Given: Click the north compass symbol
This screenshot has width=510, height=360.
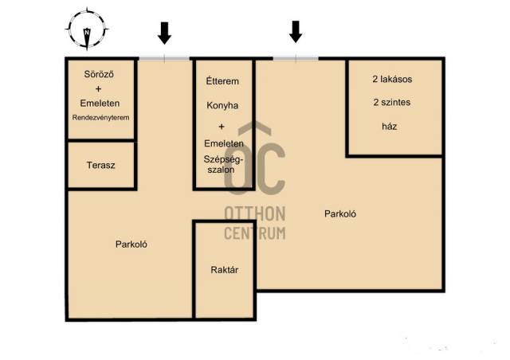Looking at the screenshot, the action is (x=87, y=29).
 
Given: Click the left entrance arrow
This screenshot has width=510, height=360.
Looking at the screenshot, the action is (x=165, y=33).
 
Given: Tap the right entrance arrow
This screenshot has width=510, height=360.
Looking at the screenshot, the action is (x=296, y=32).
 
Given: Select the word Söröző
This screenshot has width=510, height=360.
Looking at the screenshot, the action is (x=99, y=74).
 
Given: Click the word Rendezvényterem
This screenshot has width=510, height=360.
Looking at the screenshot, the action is (x=100, y=117).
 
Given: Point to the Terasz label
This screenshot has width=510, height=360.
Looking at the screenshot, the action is (x=101, y=165).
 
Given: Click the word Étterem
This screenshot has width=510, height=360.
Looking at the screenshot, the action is (x=222, y=80).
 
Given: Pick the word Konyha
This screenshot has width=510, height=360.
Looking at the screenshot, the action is (x=222, y=105).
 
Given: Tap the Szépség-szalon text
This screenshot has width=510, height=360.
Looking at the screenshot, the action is (x=223, y=164).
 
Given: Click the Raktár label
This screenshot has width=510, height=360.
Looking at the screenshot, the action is (x=225, y=269).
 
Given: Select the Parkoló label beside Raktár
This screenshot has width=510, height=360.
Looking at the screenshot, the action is (x=131, y=245).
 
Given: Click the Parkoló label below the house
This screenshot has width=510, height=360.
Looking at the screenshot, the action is (x=340, y=213).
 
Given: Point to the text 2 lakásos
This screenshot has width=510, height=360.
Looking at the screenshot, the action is (x=392, y=79).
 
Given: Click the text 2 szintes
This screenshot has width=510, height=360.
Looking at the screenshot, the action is (x=392, y=102).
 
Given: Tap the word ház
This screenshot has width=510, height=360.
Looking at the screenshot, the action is (x=390, y=126).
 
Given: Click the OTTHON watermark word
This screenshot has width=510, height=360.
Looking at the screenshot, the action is (x=255, y=213).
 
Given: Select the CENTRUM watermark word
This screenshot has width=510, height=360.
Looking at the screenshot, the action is (x=255, y=233).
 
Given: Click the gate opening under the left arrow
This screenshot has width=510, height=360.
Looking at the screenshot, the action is (x=165, y=58).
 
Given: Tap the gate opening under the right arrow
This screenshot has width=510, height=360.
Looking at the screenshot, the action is (x=296, y=58).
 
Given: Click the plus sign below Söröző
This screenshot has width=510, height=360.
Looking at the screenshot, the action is (x=98, y=88).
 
